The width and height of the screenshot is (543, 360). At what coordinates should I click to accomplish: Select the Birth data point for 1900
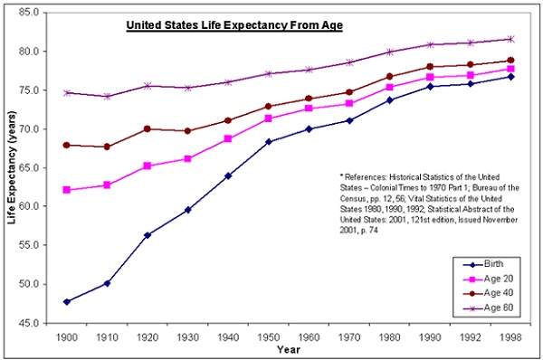[x=67, y=301]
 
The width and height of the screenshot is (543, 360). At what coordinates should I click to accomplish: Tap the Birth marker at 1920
[x=147, y=235]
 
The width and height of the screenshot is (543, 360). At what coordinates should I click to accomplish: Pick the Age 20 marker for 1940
[x=227, y=138]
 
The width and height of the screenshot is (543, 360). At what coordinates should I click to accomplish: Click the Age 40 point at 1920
[x=147, y=128]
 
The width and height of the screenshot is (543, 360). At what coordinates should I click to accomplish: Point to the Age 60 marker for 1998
[x=510, y=39]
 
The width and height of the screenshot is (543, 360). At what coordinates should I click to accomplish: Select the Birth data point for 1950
[x=267, y=141]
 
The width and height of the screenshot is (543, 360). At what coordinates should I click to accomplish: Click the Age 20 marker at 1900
[x=67, y=190]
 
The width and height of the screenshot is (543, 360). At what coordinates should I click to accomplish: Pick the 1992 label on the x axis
[x=470, y=335]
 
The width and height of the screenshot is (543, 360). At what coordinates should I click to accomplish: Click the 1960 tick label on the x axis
[x=308, y=335]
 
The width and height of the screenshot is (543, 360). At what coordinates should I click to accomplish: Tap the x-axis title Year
[x=288, y=348]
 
